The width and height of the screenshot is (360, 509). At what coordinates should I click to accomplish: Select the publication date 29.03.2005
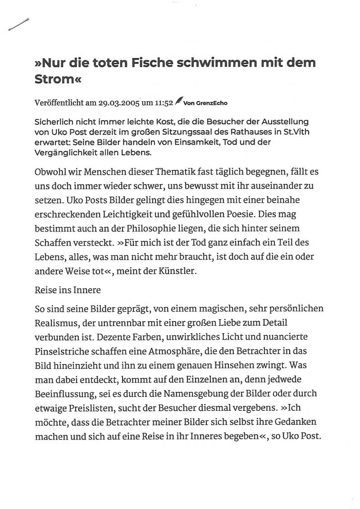(x=118, y=103)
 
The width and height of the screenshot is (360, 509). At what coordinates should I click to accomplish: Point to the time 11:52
(x=164, y=103)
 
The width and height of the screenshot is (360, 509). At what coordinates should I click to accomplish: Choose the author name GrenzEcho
(x=212, y=103)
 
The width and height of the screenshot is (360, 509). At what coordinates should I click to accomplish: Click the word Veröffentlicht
(x=59, y=103)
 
